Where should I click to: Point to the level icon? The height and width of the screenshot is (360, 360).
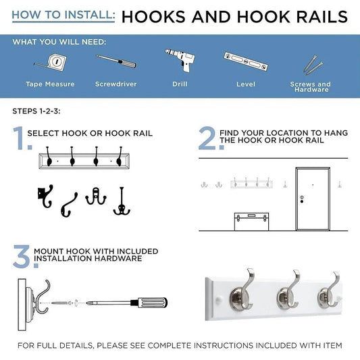[x=245, y=63]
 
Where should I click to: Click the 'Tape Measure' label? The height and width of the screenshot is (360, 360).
[x=50, y=84]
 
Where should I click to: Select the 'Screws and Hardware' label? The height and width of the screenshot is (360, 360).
[x=310, y=87]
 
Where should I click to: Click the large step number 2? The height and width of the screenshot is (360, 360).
[x=207, y=138]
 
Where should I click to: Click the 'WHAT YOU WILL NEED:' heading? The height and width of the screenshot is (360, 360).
[x=59, y=42]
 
